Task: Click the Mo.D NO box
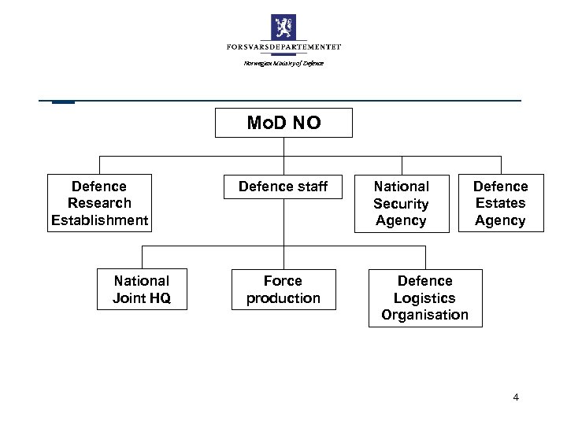[283, 124]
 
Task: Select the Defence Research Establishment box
[99, 203]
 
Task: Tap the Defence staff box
[283, 187]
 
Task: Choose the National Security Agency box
[401, 203]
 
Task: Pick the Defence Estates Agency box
[500, 203]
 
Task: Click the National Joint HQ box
[142, 289]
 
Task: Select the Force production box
[283, 289]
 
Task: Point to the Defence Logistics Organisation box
[424, 298]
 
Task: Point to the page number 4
[515, 397]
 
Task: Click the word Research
[99, 203]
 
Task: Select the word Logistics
[424, 298]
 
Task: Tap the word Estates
[500, 203]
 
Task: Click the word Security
[401, 204]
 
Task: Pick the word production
[283, 298]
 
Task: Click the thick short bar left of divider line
[63, 102]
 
